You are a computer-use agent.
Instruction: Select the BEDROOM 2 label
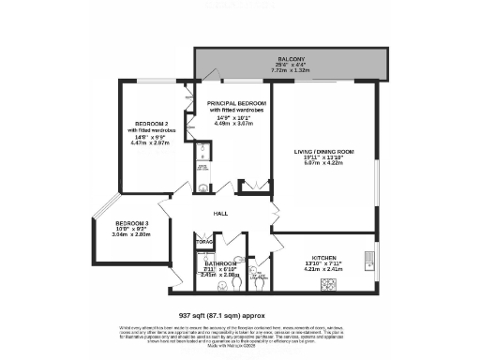(x=151, y=125)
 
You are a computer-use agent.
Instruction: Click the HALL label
(x=220, y=213)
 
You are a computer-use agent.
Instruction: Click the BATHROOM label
(x=221, y=263)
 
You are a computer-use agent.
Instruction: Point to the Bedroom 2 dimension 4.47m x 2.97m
(x=151, y=144)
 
